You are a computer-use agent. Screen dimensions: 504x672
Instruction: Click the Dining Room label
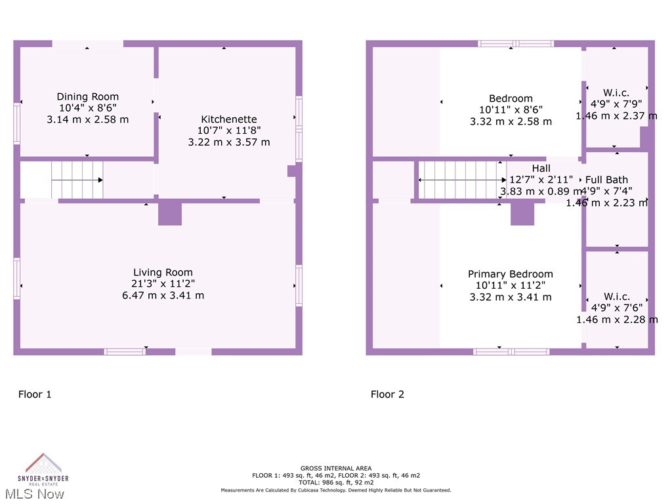tap(87, 96)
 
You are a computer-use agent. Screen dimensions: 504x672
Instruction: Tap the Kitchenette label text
tap(228, 119)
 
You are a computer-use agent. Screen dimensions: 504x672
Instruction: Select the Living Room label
tap(163, 272)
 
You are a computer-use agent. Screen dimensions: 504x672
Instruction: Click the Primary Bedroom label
tap(510, 274)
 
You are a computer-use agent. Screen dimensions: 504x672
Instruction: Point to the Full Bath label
tap(606, 180)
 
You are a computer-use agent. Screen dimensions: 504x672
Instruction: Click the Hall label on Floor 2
tap(541, 169)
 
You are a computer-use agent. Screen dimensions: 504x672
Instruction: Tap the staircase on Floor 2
tap(462, 180)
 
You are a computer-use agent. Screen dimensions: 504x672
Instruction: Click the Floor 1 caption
tap(34, 394)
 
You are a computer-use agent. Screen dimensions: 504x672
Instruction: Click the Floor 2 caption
tap(387, 394)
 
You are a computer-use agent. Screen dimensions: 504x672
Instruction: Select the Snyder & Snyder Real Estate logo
tap(43, 468)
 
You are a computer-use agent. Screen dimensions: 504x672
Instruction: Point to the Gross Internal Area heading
tap(335, 469)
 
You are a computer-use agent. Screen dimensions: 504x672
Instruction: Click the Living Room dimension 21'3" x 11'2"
tap(163, 283)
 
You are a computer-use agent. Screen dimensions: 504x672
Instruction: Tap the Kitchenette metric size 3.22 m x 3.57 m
tap(228, 142)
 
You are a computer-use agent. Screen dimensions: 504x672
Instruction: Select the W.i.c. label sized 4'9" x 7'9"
tap(616, 93)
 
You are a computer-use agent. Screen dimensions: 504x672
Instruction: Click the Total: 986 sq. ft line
tap(335, 482)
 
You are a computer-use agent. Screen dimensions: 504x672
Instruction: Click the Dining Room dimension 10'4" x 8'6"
tap(87, 108)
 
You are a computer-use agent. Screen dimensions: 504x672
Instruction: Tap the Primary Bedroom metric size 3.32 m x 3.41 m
tap(510, 297)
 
